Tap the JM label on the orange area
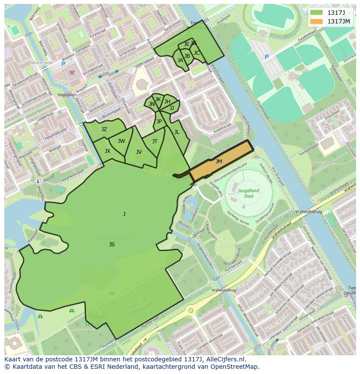click(219, 162)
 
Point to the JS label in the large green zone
click(112, 245)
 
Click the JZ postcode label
click(104, 129)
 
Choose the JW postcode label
click(121, 141)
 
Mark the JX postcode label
click(107, 151)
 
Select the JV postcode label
click(139, 152)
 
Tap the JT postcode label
click(155, 142)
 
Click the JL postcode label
click(177, 132)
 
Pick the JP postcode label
click(159, 122)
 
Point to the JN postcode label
click(151, 104)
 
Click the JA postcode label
click(180, 60)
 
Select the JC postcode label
click(197, 53)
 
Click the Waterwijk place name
click(42, 63)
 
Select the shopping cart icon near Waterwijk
click(72, 72)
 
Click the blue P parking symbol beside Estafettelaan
click(267, 57)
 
